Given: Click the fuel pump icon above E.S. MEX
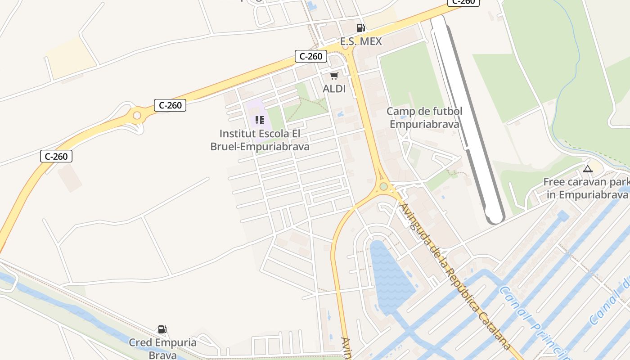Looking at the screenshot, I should pyautogui.click(x=360, y=28).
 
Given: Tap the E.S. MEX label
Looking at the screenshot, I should pyautogui.click(x=360, y=42).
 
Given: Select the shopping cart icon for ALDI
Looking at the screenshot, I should pyautogui.click(x=334, y=76).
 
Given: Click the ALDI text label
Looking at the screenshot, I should pyautogui.click(x=334, y=89).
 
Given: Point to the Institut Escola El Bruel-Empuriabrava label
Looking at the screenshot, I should pyautogui.click(x=260, y=140).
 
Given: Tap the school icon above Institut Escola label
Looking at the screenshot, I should pyautogui.click(x=259, y=120).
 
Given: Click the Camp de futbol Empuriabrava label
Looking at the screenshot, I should pyautogui.click(x=424, y=117).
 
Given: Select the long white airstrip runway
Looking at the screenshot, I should pyautogui.click(x=468, y=117).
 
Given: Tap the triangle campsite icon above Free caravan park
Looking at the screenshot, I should pyautogui.click(x=587, y=169).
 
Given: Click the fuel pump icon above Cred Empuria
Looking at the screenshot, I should pyautogui.click(x=162, y=329).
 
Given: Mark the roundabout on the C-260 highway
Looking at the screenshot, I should pyautogui.click(x=137, y=116).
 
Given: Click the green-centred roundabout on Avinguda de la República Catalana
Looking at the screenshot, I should pyautogui.click(x=383, y=186).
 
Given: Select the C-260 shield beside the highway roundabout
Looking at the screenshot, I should pyautogui.click(x=170, y=105).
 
